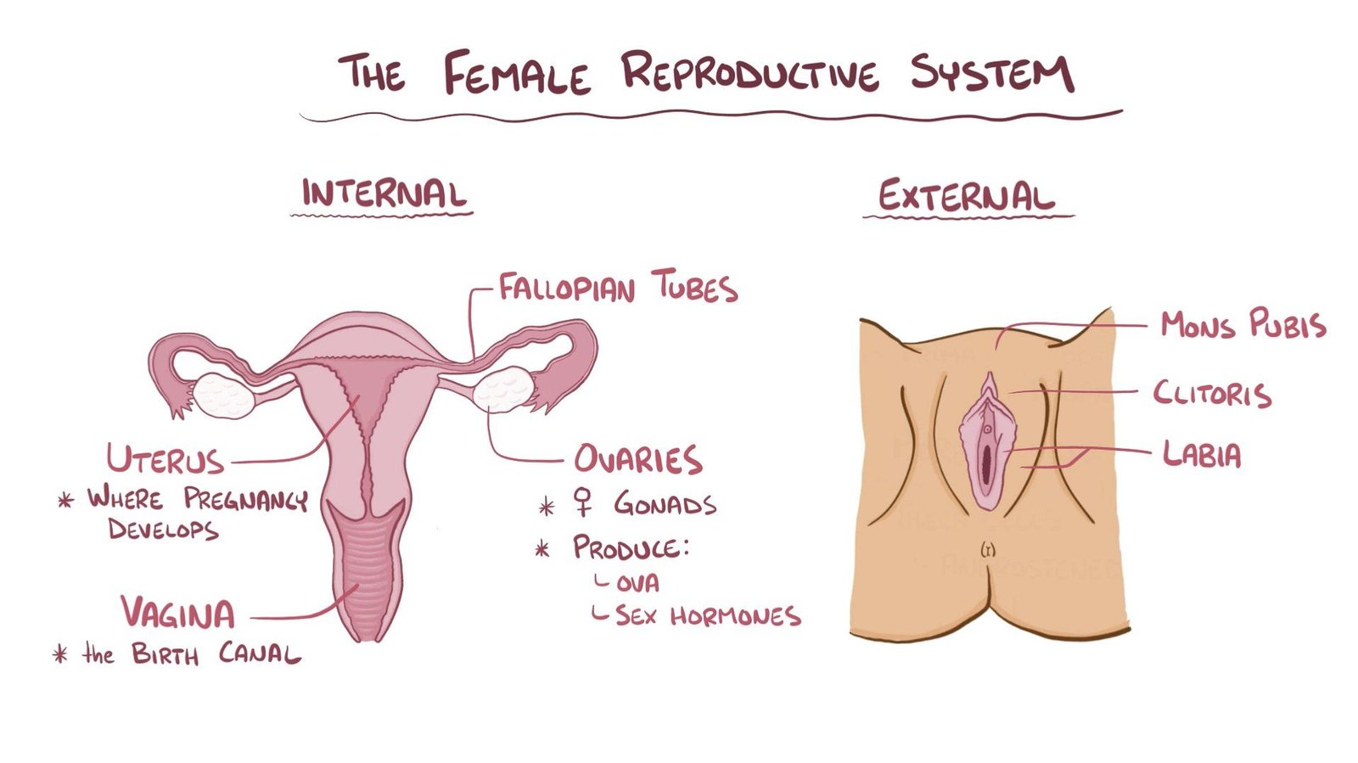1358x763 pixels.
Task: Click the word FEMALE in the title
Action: point(516,74)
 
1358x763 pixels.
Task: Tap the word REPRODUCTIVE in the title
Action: point(750,73)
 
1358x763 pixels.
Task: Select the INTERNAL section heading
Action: point(384,194)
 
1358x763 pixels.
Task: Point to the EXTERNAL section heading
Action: point(966,197)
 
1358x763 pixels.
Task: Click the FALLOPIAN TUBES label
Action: point(617,288)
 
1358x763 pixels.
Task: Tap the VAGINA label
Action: point(177,613)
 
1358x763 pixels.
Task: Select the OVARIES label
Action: point(637,459)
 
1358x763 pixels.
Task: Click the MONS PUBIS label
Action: point(1243,325)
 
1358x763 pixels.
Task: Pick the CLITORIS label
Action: point(1212,394)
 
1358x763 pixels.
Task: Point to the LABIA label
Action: point(1202,456)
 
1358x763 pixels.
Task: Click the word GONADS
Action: point(665,505)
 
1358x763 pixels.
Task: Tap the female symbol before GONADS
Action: point(583,502)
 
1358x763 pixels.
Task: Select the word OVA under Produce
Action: point(637,584)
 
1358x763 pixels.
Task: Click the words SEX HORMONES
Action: point(708,615)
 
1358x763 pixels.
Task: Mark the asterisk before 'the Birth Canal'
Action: point(60,654)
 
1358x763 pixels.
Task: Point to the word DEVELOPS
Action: point(163,530)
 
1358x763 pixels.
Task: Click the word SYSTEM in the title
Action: point(991,73)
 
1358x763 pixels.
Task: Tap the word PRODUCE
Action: point(628,547)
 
